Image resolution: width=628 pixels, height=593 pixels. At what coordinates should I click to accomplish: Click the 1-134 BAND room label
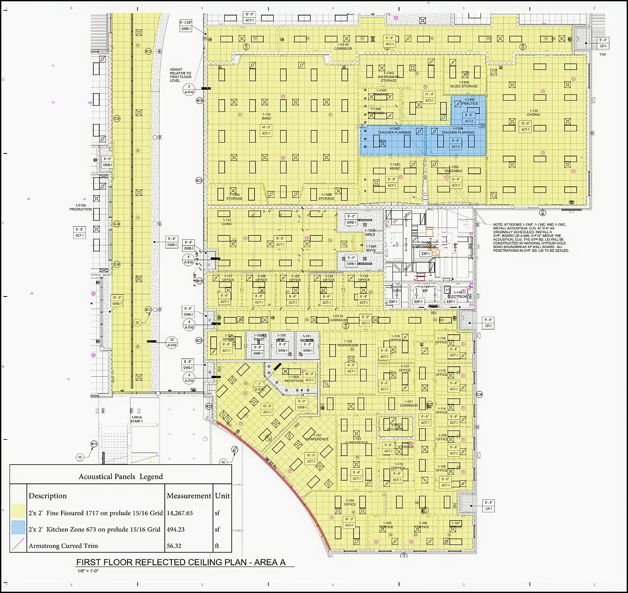[266, 116]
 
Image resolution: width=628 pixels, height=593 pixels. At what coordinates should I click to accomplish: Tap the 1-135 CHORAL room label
[533, 113]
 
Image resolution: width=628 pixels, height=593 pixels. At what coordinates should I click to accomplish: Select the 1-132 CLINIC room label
[227, 222]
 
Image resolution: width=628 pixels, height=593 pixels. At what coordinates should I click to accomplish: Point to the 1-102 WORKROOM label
[348, 343]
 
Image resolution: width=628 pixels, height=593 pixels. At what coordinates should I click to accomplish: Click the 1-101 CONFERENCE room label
[317, 437]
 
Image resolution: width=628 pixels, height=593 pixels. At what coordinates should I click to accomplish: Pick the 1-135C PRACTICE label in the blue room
[469, 101]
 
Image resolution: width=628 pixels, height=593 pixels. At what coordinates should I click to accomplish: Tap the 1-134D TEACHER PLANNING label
[394, 130]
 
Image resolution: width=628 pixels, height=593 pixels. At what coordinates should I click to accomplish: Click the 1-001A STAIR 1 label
[137, 419]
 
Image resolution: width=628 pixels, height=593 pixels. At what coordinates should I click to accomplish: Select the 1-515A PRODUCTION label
[81, 207]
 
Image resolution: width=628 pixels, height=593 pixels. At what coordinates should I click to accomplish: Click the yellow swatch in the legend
[18, 513]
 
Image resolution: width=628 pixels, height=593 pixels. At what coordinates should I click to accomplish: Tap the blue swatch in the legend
[18, 529]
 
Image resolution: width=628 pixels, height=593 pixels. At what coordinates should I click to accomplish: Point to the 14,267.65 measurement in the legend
[180, 513]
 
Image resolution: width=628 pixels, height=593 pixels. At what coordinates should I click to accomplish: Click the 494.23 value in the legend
[176, 529]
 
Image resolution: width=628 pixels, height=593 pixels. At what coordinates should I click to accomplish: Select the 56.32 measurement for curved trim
[174, 546]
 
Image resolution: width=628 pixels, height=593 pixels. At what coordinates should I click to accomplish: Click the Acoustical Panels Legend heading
[121, 476]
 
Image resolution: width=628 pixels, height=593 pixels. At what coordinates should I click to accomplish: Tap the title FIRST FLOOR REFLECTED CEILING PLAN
[181, 562]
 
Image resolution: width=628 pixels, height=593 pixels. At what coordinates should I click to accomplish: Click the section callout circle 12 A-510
[172, 342]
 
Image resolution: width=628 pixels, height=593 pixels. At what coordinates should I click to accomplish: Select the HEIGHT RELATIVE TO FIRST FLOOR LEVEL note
[180, 75]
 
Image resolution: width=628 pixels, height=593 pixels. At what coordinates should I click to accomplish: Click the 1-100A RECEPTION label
[294, 379]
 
